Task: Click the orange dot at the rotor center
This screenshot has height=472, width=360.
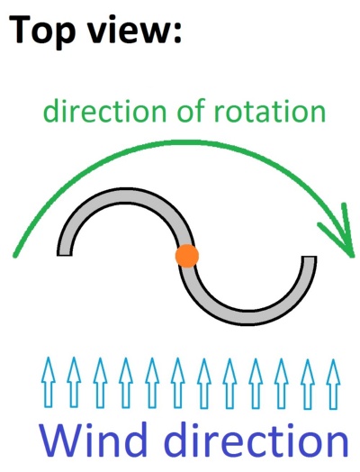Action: pos(187,256)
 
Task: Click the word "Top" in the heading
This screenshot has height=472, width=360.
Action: pos(41,31)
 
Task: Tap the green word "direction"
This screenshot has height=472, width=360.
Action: pos(104,110)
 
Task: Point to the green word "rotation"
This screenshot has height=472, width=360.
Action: pos(270,111)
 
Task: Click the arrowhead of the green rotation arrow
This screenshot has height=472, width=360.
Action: pos(352,256)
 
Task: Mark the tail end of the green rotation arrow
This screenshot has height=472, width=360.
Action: pos(14,256)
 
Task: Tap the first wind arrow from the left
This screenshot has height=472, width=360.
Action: pos(49,382)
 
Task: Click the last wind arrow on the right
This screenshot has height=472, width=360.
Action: pos(333,384)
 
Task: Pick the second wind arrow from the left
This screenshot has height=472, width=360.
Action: pos(74,382)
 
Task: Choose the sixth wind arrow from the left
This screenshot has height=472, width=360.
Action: pos(177,383)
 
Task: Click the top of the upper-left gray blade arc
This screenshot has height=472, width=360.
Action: pos(125,195)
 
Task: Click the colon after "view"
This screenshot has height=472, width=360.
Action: pos(176,33)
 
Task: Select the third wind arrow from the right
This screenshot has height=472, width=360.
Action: pos(282,384)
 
